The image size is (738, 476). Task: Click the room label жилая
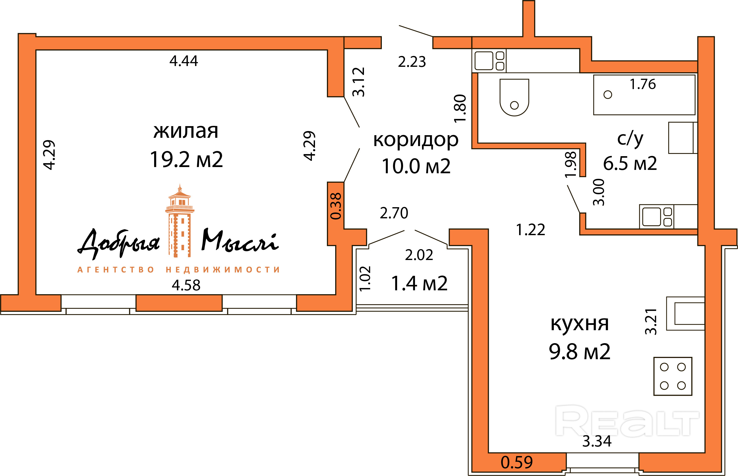(186, 131)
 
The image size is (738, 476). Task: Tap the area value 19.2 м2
(186, 160)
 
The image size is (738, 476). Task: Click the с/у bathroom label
(630, 139)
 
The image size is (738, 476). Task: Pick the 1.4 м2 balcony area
(419, 283)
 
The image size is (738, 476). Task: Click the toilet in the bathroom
(514, 97)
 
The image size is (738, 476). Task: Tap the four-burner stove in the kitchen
(673, 376)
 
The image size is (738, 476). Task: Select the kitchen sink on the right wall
(685, 313)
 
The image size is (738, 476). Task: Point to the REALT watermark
(627, 421)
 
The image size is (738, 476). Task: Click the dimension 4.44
(184, 61)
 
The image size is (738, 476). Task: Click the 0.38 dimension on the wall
(336, 206)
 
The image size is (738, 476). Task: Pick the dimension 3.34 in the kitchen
(597, 441)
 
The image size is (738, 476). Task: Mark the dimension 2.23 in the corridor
(412, 62)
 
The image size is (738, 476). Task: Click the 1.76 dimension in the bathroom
(643, 84)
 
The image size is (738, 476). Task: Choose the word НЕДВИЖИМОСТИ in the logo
(223, 270)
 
